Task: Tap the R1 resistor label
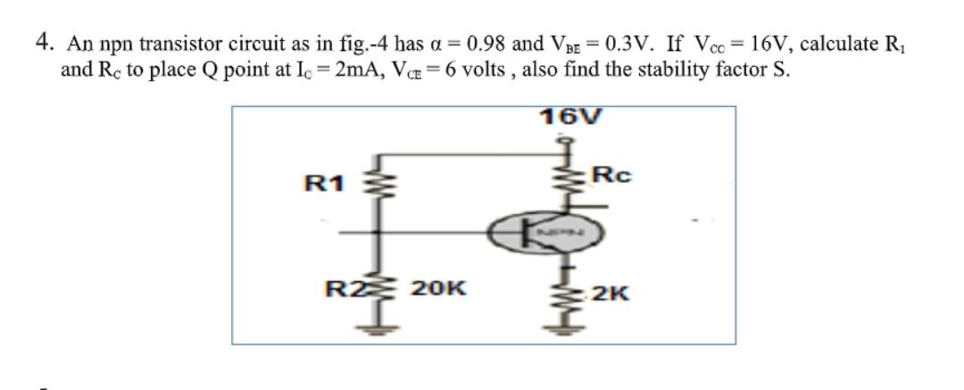(x=323, y=185)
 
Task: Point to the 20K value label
(x=438, y=288)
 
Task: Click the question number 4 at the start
(x=43, y=42)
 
